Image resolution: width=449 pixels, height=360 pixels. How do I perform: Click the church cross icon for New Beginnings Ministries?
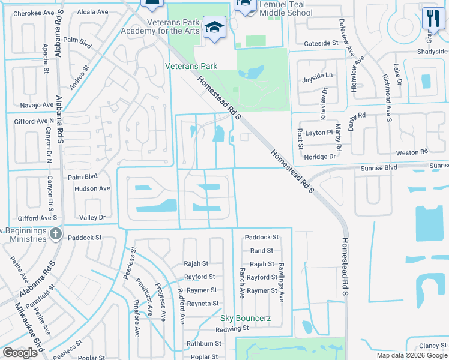click(x=55, y=233)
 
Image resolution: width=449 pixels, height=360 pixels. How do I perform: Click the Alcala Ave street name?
click(x=93, y=11)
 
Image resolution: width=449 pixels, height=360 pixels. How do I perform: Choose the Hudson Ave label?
click(x=92, y=188)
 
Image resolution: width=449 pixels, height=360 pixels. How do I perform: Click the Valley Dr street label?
click(x=92, y=217)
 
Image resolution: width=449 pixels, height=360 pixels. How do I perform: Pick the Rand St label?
click(x=262, y=251)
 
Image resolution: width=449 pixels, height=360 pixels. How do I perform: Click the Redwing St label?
click(x=233, y=329)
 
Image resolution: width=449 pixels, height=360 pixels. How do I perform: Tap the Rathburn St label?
click(x=205, y=344)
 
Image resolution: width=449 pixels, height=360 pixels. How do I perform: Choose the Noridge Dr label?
click(x=319, y=156)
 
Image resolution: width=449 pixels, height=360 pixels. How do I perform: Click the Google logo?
click(x=20, y=353)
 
